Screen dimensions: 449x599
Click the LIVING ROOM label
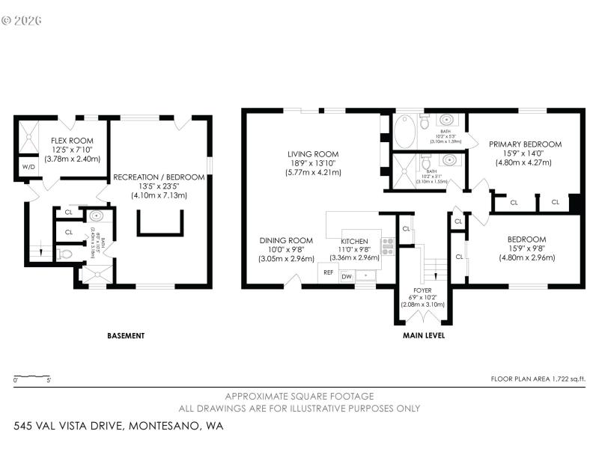click(x=314, y=154)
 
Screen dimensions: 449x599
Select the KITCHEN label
click(x=354, y=240)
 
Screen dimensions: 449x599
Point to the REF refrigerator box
click(x=328, y=272)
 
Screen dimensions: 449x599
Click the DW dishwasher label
click(x=347, y=277)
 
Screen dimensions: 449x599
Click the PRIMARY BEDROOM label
click(x=525, y=144)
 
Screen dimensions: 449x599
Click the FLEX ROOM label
click(x=72, y=141)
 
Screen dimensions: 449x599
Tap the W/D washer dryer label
click(x=29, y=167)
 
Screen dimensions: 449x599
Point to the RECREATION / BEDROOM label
click(x=158, y=177)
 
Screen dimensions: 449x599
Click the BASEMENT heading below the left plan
click(x=125, y=336)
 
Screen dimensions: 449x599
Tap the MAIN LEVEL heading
click(x=423, y=336)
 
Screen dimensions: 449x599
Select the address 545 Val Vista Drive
click(x=118, y=426)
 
